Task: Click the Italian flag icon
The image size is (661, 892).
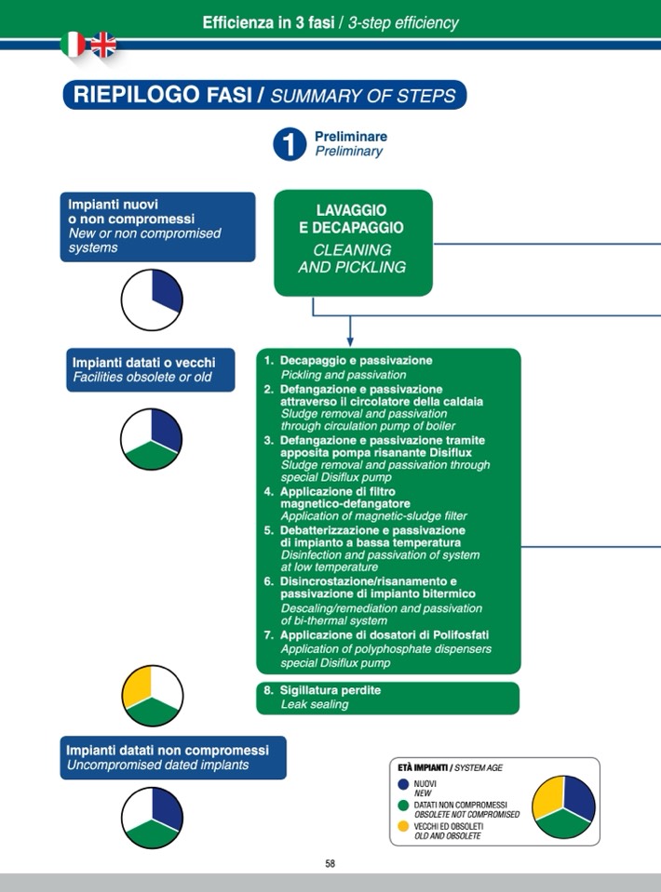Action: tap(73, 44)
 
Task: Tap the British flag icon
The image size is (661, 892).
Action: tap(102, 44)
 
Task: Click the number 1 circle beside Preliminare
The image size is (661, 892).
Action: tap(290, 144)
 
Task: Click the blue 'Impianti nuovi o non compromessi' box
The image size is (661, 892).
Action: tap(159, 226)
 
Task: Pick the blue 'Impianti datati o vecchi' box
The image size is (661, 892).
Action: tap(150, 370)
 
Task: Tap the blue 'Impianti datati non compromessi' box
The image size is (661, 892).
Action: tap(175, 757)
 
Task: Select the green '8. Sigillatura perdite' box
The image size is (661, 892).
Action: tap(387, 698)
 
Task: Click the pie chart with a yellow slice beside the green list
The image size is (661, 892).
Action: tap(153, 696)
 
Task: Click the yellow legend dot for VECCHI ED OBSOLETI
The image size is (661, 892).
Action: tap(403, 826)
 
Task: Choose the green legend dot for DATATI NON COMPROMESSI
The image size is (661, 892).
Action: tap(403, 805)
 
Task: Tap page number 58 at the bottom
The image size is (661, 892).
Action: tap(330, 863)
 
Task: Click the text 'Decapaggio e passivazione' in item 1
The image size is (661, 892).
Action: tap(356, 360)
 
